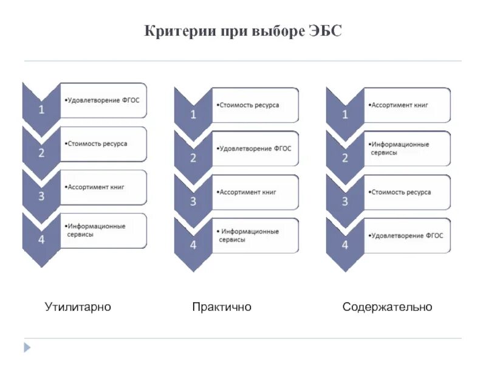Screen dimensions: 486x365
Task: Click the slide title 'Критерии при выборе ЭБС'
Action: (243, 31)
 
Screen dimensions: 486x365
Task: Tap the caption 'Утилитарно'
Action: (78, 307)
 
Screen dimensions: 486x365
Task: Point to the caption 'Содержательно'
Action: (387, 307)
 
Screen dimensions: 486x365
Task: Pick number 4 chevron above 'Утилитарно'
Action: (41, 239)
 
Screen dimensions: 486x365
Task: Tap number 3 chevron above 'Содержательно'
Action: (345, 201)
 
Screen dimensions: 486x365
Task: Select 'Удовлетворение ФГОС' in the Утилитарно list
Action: (104, 100)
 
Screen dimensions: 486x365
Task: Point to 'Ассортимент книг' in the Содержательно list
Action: (400, 105)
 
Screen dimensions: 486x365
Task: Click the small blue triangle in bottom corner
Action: (26, 348)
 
